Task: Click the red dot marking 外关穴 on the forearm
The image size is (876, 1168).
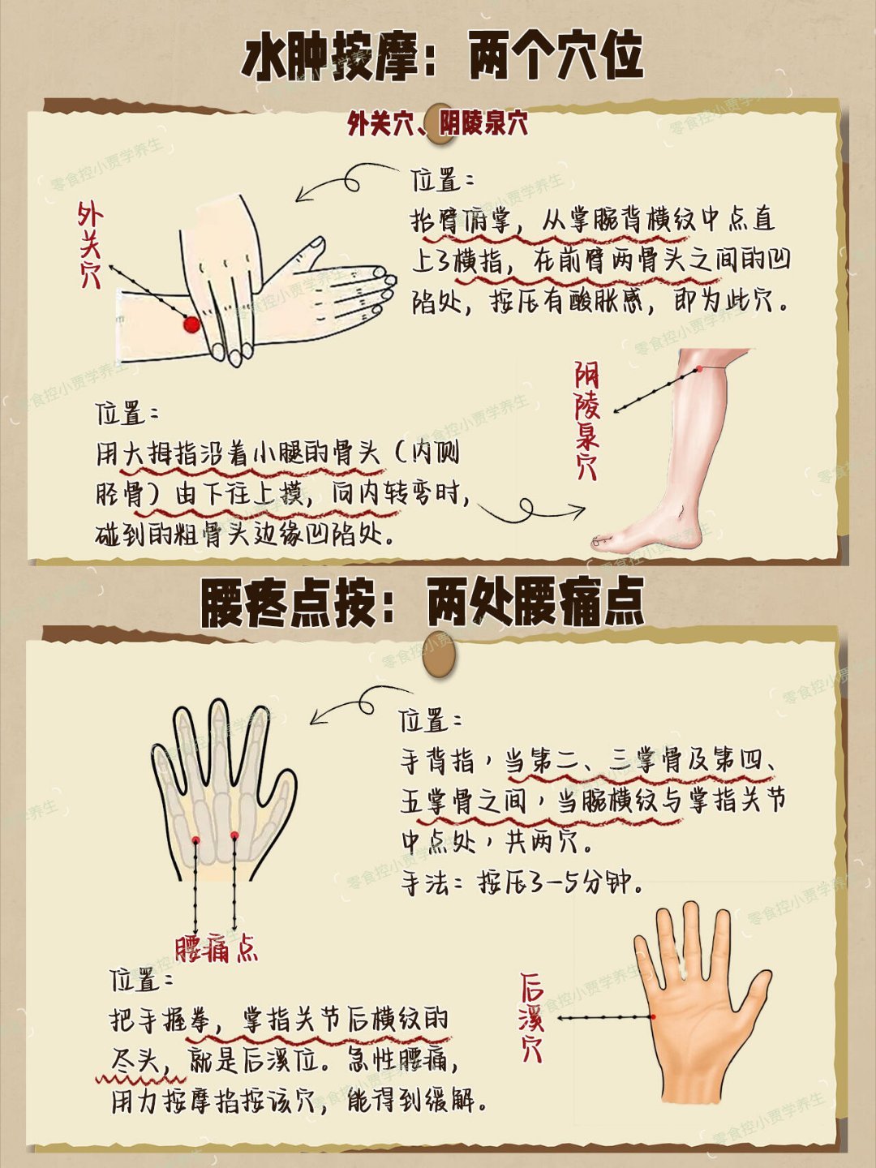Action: pos(191,324)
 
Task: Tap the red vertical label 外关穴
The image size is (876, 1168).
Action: pos(89,245)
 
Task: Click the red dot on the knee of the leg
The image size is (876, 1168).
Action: pos(701,369)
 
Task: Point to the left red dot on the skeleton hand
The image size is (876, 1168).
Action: pos(195,839)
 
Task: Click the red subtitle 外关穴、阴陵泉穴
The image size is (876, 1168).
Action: pos(438,125)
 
